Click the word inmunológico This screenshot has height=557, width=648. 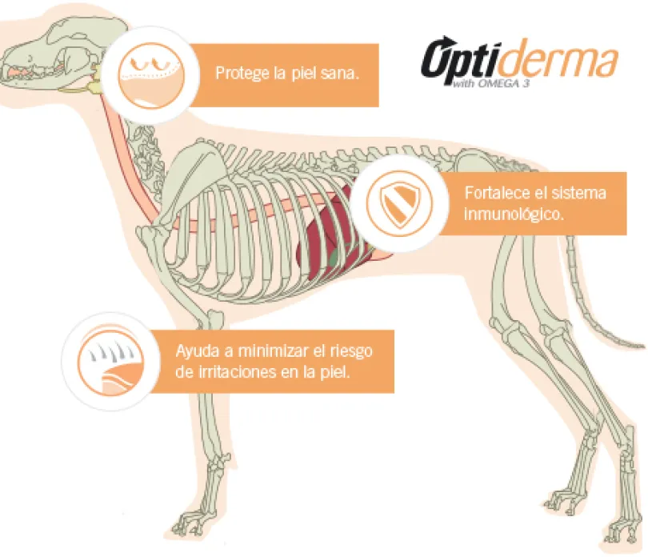tap(514, 214)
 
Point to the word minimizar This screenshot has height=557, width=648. tap(274, 351)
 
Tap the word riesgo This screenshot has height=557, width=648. tap(351, 352)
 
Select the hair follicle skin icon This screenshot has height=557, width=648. tap(110, 361)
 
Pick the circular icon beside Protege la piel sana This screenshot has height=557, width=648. tap(151, 75)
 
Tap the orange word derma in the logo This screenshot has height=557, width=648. tap(562, 59)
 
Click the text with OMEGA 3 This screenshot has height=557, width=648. tap(490, 84)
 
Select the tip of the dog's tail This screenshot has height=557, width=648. tap(642, 346)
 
